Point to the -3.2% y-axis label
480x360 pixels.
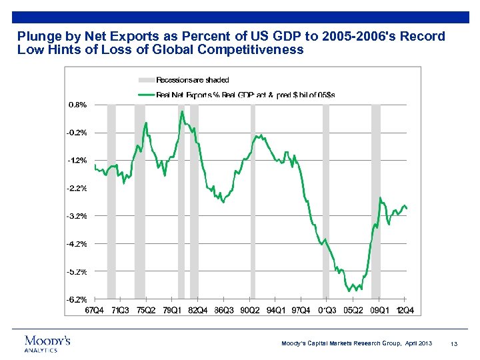[x=76, y=216]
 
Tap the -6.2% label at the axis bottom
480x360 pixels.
[x=76, y=299]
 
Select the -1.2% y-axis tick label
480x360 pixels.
[x=76, y=160]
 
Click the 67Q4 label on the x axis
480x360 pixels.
[x=93, y=310]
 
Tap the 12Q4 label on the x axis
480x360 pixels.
[x=405, y=310]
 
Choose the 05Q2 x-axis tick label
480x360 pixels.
[x=353, y=310]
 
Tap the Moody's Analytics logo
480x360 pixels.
[x=47, y=343]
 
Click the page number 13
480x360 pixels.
[x=453, y=343]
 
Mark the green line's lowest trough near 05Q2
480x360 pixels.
[x=349, y=291]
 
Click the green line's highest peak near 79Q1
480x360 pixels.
[x=181, y=111]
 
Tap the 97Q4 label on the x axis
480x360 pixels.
[x=301, y=310]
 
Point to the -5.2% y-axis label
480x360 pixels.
[x=76, y=271]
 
